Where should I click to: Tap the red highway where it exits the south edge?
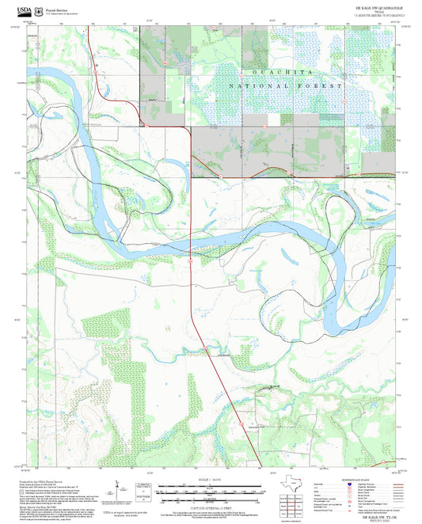click(x=261, y=465)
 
